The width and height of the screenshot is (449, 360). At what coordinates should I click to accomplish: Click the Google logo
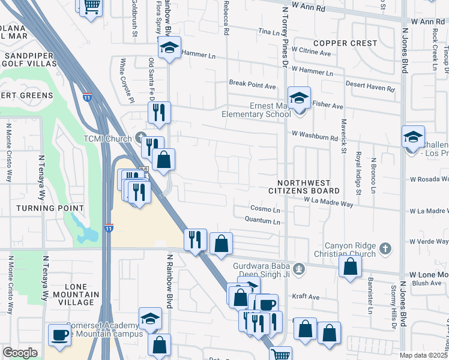pyautogui.click(x=20, y=353)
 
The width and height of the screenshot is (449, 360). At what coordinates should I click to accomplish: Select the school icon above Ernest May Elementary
pyautogui.click(x=298, y=97)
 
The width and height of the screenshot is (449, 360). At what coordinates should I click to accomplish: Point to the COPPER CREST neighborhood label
pyautogui.click(x=345, y=43)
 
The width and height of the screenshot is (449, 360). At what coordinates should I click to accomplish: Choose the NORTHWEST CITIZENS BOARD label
pyautogui.click(x=309, y=186)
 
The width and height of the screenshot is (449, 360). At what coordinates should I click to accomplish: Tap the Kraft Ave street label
pyautogui.click(x=306, y=296)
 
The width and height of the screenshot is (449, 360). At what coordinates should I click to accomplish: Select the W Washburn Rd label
pyautogui.click(x=315, y=137)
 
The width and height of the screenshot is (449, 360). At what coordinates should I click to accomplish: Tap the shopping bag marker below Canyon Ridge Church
pyautogui.click(x=350, y=266)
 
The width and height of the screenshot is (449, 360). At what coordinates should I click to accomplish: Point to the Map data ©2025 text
pyautogui.click(x=424, y=355)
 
